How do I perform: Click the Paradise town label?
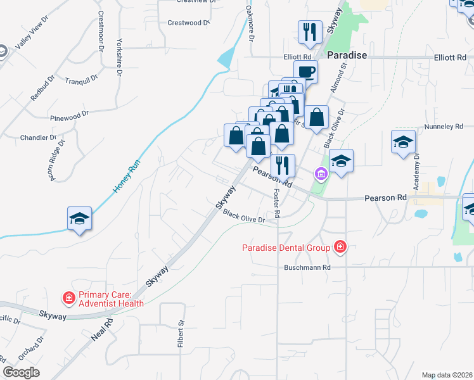[347, 56]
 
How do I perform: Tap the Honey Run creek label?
[126, 176]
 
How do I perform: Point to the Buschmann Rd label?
[307, 268]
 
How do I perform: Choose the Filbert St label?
[181, 331]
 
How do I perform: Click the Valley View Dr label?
[32, 42]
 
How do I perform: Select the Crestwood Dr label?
[188, 23]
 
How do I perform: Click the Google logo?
[22, 372]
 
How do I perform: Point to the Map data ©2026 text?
[447, 375]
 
